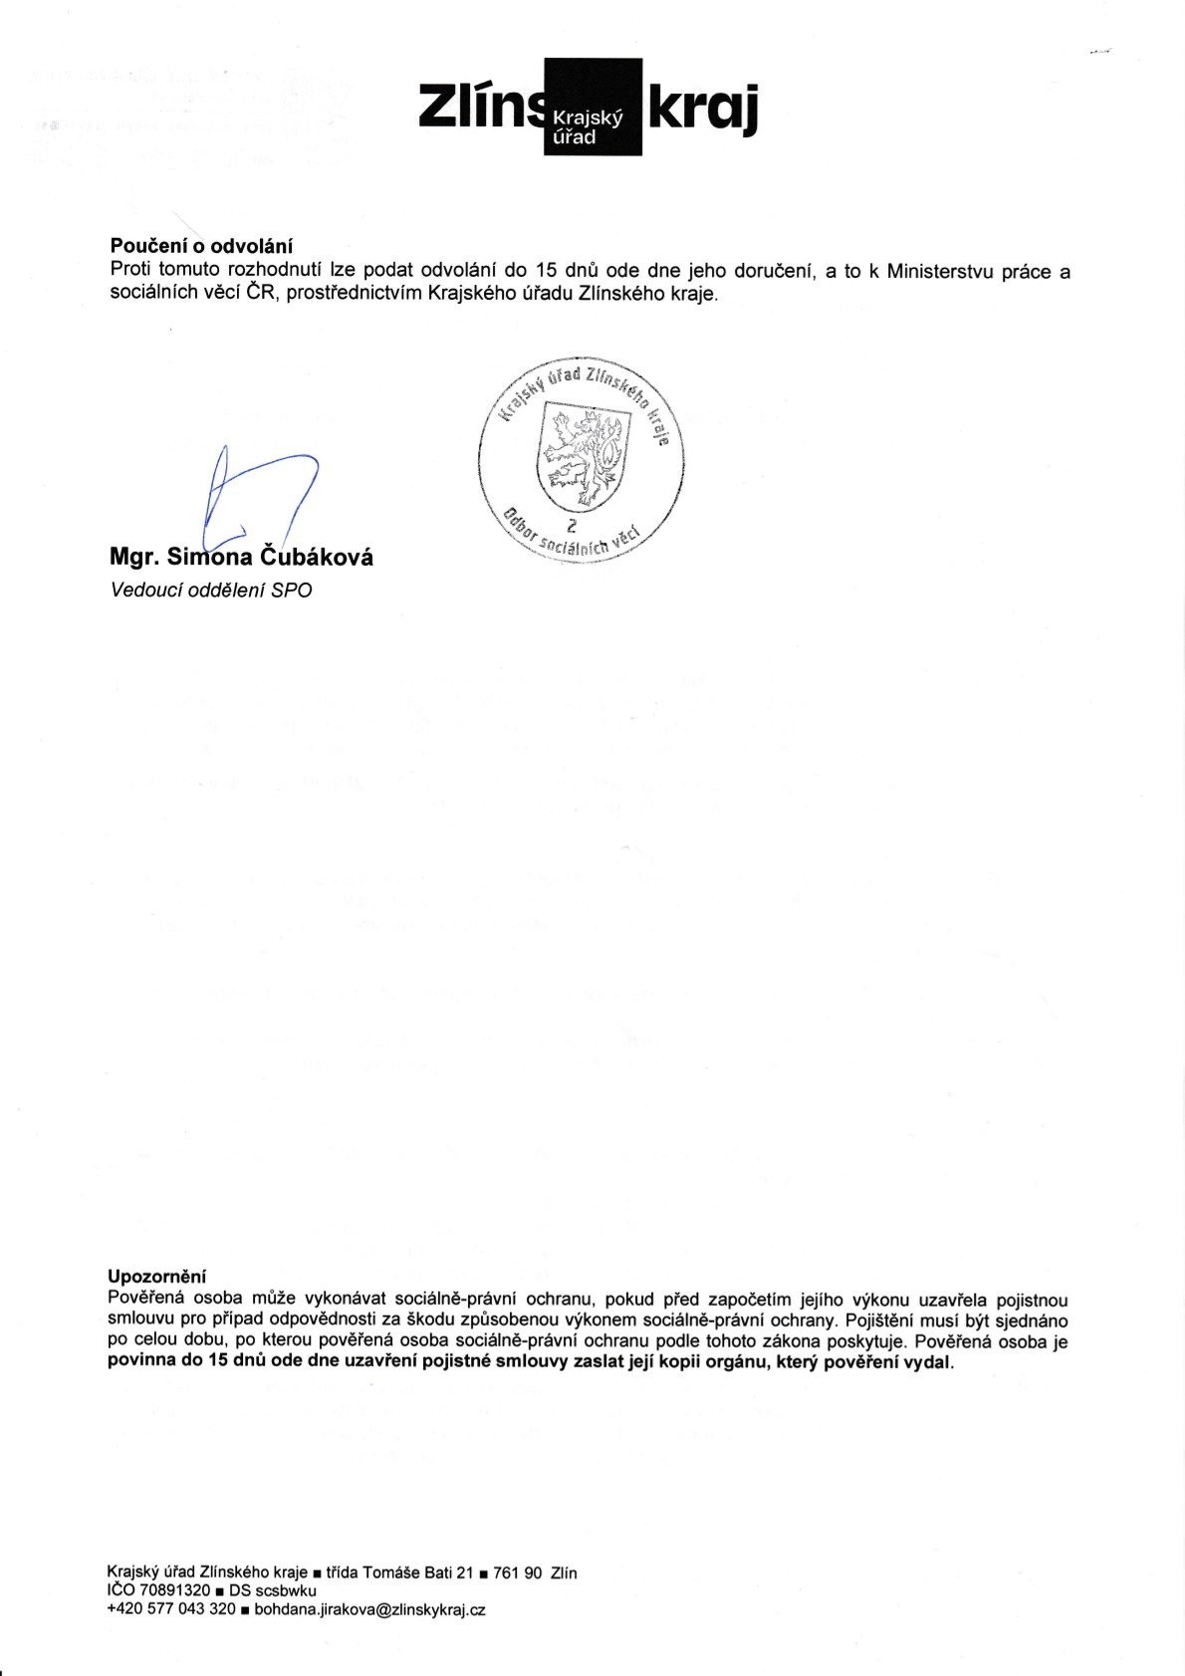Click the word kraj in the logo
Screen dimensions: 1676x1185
(703, 107)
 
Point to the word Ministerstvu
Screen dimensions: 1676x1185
(940, 271)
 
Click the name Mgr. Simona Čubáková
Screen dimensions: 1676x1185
(242, 558)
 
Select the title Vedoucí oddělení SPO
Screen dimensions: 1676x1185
(211, 591)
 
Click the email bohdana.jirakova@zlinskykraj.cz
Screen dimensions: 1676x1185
(369, 1608)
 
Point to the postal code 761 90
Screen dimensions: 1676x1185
(519, 1573)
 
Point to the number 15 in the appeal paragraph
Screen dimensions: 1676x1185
(545, 271)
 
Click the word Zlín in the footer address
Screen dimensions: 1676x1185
(563, 1573)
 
